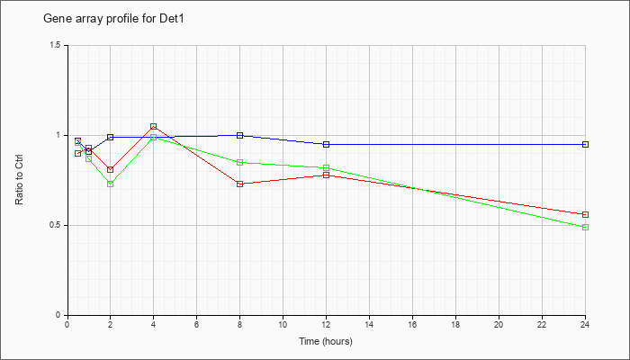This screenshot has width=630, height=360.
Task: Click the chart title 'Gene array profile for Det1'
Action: [113, 19]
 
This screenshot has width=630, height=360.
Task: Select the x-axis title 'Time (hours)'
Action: [326, 341]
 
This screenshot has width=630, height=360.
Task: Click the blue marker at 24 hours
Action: [585, 144]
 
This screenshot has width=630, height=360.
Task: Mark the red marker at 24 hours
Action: [585, 214]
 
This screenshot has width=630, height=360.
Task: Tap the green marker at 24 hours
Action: [585, 227]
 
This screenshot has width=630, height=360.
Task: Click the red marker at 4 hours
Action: [154, 126]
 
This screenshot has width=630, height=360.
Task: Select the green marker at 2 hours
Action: [110, 184]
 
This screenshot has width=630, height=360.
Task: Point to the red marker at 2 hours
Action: [110, 169]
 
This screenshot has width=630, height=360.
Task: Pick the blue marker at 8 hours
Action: [240, 135]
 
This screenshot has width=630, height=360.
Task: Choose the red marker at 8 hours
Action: [240, 184]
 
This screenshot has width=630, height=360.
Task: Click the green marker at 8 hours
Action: [240, 162]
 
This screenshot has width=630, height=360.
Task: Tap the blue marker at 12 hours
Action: [326, 144]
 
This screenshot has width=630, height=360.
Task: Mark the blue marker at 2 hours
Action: [110, 137]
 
